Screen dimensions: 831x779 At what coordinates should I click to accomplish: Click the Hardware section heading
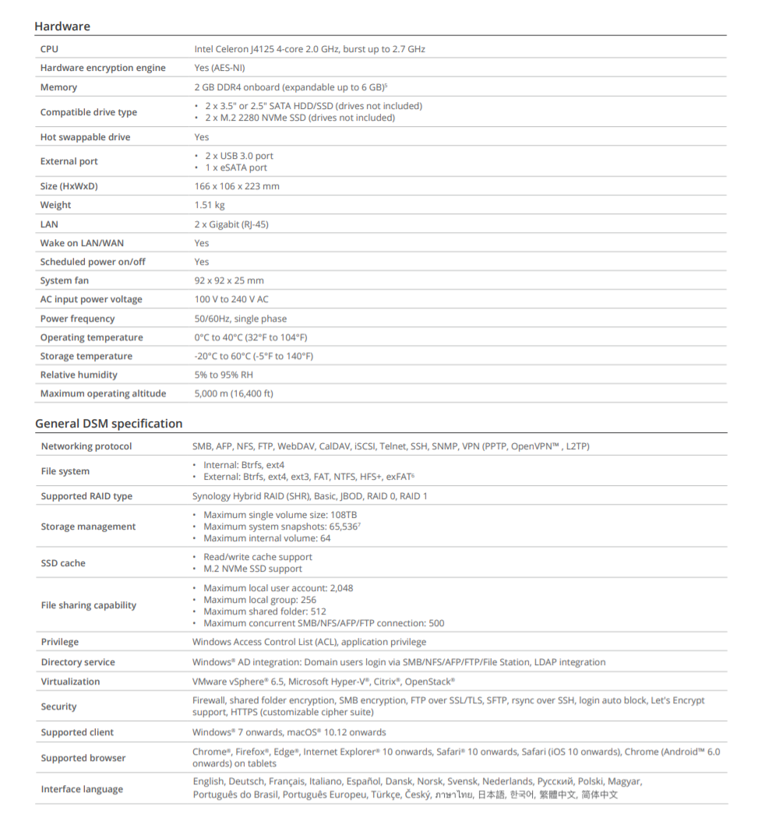62,26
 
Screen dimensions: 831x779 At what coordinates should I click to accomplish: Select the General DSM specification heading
108,424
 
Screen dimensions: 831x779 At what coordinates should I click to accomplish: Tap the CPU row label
49,49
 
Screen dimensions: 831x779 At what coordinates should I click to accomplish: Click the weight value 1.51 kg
210,206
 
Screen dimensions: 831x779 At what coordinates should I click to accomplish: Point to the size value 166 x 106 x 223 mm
237,186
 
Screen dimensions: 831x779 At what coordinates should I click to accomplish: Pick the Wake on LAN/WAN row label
82,243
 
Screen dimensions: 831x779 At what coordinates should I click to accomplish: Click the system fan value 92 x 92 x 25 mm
229,280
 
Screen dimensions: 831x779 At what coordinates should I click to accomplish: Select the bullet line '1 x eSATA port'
236,167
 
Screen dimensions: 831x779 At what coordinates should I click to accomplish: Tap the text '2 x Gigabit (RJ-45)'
231,224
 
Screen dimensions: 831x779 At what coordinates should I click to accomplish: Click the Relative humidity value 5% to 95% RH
224,375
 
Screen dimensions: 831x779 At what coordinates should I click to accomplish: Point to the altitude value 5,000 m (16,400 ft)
234,393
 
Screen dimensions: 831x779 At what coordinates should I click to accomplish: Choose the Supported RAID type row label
86,496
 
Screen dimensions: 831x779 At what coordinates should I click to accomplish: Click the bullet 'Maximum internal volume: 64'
266,538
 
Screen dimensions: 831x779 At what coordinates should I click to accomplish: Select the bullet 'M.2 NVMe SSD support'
252,569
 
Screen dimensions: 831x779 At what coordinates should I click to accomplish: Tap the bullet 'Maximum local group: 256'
259,600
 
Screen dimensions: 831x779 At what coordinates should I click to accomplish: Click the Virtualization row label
70,681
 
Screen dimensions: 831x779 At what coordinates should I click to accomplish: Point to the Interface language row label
82,789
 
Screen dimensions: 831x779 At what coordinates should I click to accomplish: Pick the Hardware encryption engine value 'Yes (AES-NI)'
220,68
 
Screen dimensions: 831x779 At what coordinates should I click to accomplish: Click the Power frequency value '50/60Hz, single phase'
241,319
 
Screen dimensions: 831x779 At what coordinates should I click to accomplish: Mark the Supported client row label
77,732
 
